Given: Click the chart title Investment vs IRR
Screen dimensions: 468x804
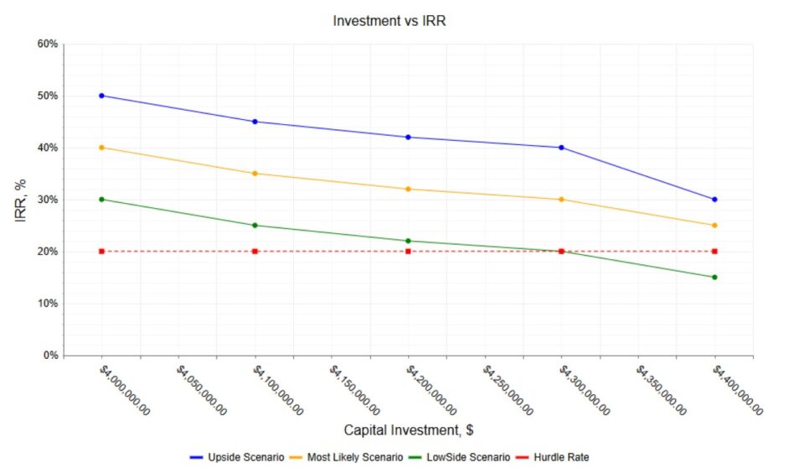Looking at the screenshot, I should (389, 21).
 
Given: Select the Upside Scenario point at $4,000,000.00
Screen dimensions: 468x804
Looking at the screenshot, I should (101, 96).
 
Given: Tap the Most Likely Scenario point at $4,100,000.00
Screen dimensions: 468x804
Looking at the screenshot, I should (255, 174).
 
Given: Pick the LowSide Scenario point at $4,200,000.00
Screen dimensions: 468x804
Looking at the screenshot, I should (408, 241).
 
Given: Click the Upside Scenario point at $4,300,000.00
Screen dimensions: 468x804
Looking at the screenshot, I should (561, 148).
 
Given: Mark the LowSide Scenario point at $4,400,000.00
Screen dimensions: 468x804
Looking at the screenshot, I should (714, 278).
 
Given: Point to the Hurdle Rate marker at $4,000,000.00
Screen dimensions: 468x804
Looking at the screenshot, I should (101, 252).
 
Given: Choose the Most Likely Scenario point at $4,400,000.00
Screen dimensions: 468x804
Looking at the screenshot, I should (714, 226).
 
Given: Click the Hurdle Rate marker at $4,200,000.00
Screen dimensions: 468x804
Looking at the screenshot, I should (408, 252).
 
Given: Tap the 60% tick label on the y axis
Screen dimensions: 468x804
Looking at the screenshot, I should (47, 44).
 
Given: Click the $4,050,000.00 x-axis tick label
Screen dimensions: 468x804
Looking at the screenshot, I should (201, 390).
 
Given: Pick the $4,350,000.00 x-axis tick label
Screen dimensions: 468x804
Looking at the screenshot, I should (662, 390).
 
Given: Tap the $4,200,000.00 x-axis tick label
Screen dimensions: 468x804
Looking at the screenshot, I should (431, 390).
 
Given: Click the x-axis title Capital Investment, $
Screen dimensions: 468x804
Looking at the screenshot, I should (409, 430).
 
